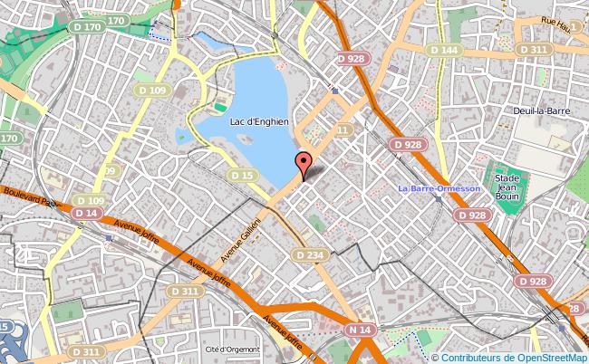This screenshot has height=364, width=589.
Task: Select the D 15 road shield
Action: pyautogui.click(x=243, y=175)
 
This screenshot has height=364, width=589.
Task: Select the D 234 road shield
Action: pyautogui.click(x=310, y=256)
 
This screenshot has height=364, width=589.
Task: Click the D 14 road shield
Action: pyautogui.click(x=88, y=212)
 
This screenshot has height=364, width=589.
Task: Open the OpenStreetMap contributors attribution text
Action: pyautogui.click(x=509, y=356)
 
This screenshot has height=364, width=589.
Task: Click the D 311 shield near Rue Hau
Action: pyautogui.click(x=535, y=49)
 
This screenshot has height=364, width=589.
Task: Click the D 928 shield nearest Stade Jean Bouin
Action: pyautogui.click(x=473, y=215)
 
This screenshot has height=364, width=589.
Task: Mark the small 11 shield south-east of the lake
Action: pyautogui.click(x=342, y=131)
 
